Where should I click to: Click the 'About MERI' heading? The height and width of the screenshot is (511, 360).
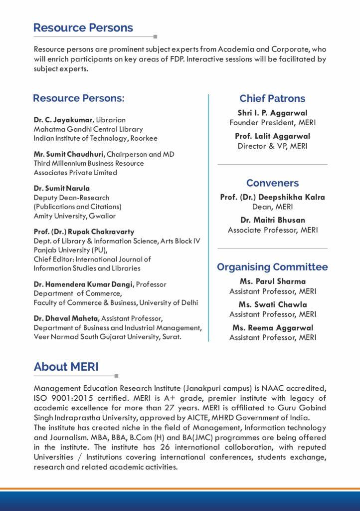click(x=66, y=367)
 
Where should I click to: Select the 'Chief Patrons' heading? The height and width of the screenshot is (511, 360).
click(x=272, y=98)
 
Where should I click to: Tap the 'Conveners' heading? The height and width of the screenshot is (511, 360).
click(x=272, y=183)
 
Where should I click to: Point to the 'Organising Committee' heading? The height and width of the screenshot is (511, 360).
click(x=272, y=267)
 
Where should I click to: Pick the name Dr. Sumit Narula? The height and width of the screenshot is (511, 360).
click(x=55, y=188)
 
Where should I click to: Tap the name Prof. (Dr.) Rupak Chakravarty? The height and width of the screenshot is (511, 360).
click(x=84, y=232)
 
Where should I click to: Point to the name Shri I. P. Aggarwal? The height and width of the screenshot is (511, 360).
click(x=272, y=113)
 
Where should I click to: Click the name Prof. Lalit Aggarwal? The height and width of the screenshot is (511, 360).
click(x=272, y=136)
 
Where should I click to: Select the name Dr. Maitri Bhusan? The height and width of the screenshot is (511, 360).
click(x=272, y=220)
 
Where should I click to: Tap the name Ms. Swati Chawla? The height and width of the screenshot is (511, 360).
click(x=272, y=304)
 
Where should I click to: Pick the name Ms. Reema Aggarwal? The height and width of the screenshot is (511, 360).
click(x=272, y=328)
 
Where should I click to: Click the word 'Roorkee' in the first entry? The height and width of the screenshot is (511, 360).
click(x=144, y=138)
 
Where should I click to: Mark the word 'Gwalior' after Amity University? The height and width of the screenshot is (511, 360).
click(x=103, y=216)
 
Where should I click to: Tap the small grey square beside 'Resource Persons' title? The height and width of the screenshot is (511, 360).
click(x=156, y=36)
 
